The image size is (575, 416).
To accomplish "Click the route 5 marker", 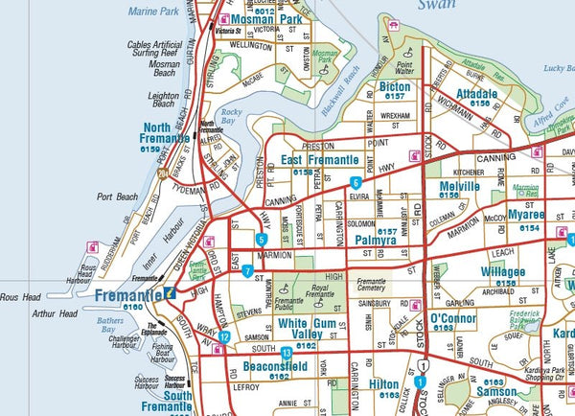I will coord(262,239).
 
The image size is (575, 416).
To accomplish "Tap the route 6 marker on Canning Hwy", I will coord(356,182).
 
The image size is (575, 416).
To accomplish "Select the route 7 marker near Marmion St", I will coord(247,271).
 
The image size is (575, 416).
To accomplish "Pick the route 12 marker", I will coord(223,336).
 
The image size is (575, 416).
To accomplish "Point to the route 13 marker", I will coord(287,354).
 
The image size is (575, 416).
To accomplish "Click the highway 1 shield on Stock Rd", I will coord(423,366).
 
